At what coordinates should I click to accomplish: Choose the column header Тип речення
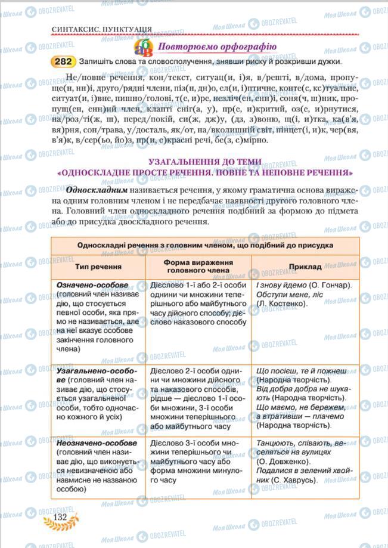click(x=98, y=268)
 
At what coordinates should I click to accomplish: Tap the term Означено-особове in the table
click(x=92, y=285)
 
